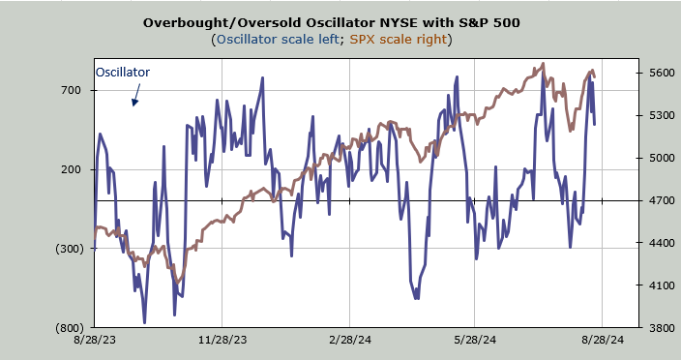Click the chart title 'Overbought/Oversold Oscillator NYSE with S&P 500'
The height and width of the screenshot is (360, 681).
click(x=332, y=22)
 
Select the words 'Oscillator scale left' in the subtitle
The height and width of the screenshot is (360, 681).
click(x=278, y=40)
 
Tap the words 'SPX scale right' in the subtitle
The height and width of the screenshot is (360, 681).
click(x=399, y=40)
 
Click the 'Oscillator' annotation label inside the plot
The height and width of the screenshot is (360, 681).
click(x=123, y=72)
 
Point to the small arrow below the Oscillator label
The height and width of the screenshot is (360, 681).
click(x=136, y=95)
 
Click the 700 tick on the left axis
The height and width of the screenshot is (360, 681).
click(x=72, y=90)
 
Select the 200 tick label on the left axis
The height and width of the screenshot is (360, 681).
click(x=72, y=169)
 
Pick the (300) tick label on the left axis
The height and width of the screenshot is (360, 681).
click(x=68, y=249)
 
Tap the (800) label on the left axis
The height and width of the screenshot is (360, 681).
click(x=68, y=328)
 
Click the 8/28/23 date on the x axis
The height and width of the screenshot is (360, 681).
click(x=95, y=340)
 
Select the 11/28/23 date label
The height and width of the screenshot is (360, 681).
click(x=222, y=340)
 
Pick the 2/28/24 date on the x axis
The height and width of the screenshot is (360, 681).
click(x=350, y=340)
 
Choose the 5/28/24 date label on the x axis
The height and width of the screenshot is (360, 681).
click(x=475, y=340)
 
